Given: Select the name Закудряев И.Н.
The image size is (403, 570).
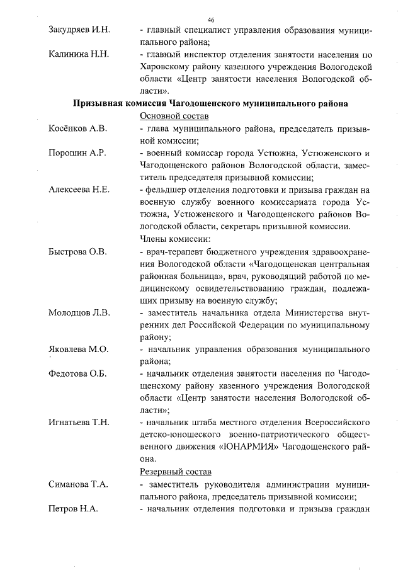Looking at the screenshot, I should tap(79, 30).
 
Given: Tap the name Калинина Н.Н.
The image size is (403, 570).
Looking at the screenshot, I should tap(79, 54).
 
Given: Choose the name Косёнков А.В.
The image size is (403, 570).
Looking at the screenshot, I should tap(77, 128).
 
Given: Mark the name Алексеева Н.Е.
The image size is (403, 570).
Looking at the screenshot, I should tap(79, 190).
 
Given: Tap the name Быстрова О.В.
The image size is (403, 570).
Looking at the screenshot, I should tap(77, 251).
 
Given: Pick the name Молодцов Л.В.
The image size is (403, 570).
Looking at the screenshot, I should tap(79, 312).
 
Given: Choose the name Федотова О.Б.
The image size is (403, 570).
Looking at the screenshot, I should tap(77, 374).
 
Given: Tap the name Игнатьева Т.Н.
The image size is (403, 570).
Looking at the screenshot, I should tap(79, 423).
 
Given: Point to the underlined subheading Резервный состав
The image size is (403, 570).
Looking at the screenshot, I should tap(174, 472).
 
